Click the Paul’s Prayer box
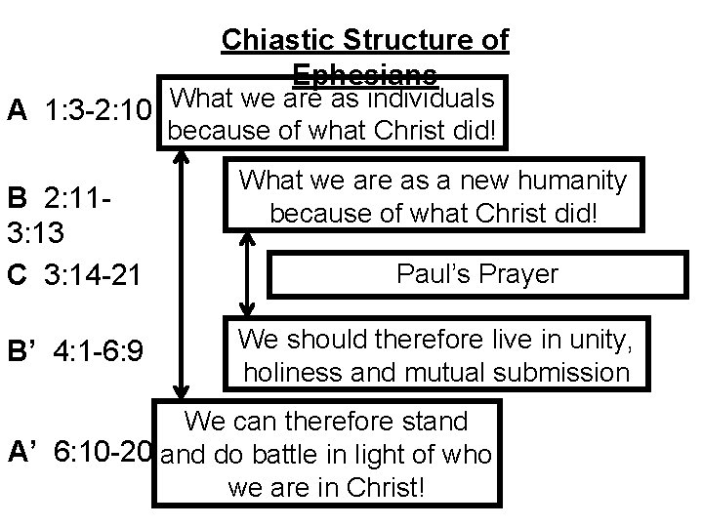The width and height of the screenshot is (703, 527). [477, 274]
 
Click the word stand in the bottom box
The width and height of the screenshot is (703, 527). [432, 423]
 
